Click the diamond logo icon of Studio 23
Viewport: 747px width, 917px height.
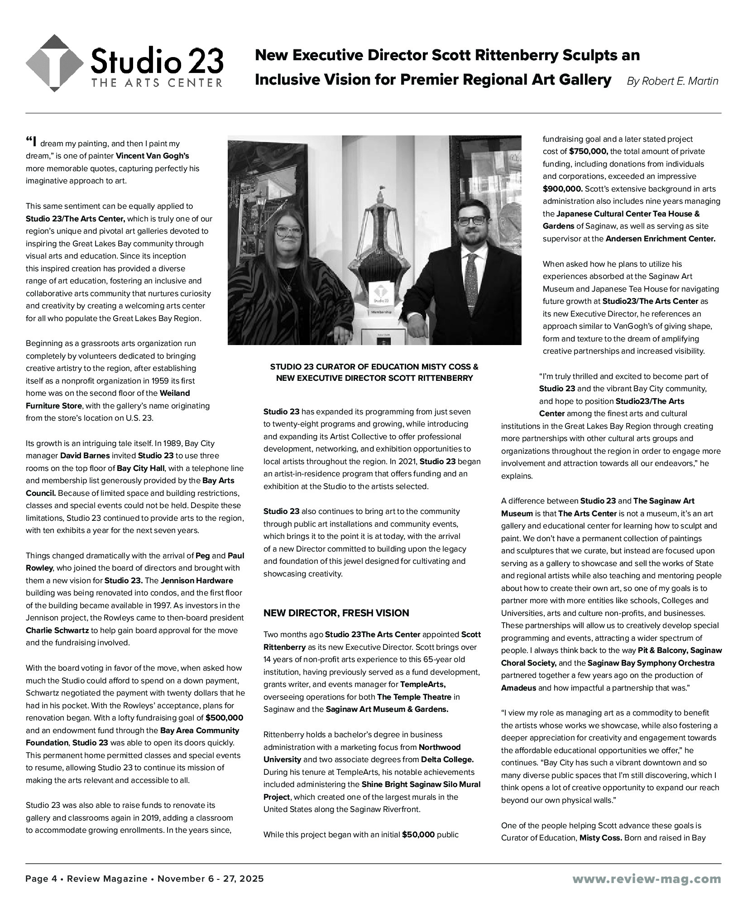54,63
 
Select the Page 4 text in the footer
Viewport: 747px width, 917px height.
41,879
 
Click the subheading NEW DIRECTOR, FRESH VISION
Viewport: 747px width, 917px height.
336,613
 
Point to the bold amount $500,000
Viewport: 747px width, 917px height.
224,718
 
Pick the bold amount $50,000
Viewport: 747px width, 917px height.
418,834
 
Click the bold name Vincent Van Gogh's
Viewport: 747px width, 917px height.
152,156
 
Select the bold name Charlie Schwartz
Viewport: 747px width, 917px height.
57,630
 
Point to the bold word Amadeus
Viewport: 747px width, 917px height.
518,687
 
